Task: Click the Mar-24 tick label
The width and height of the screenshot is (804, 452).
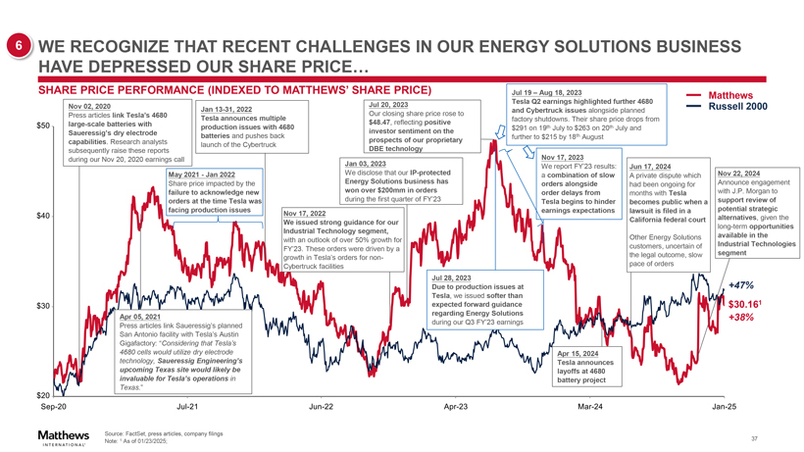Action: tap(590, 406)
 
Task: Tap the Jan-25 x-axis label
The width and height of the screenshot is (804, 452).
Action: tap(725, 406)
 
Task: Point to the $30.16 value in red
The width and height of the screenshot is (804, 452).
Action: tap(744, 303)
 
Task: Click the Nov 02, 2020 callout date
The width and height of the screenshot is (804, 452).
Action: tap(90, 105)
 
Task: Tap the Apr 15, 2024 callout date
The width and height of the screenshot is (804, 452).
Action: tap(583, 353)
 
